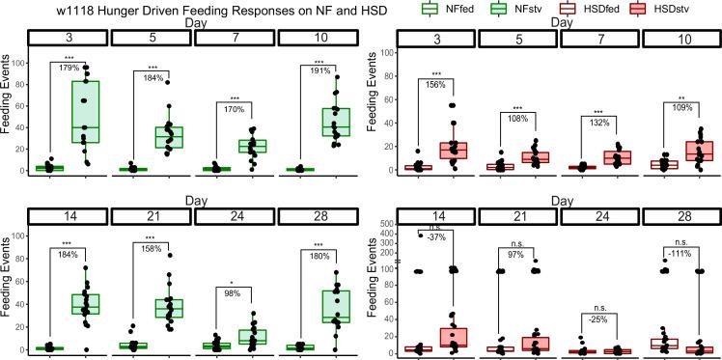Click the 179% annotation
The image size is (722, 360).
tap(68, 67)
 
